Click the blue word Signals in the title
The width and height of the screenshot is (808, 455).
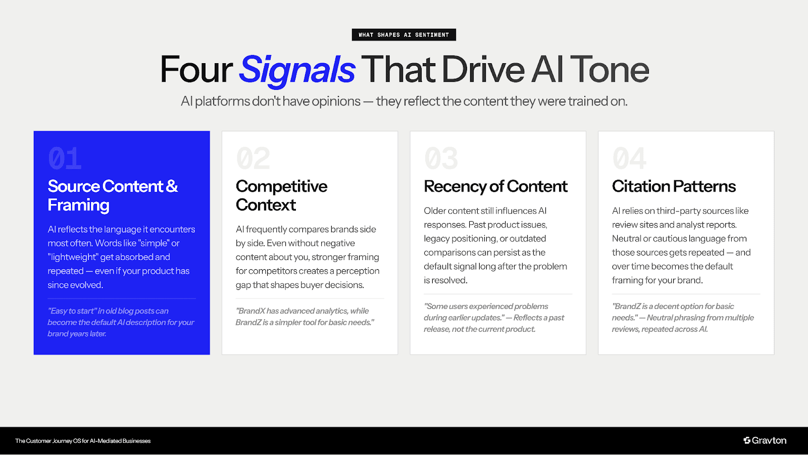pos(297,70)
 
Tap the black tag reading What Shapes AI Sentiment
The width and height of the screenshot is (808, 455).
pos(403,35)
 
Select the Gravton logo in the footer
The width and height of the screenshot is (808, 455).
pos(765,440)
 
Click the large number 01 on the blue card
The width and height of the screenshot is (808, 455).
pos(65,159)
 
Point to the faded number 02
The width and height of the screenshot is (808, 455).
pos(253,159)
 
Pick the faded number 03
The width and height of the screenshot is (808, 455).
pos(441,159)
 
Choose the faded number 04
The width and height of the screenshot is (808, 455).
pos(629,159)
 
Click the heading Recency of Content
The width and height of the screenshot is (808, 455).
pos(495,186)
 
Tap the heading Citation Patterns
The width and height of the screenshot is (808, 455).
pos(674,186)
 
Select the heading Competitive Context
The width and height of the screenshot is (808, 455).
pos(281,195)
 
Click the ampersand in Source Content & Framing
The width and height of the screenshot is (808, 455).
pos(172,186)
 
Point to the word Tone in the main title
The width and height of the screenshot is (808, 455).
pos(609,70)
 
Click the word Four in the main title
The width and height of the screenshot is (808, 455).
pos(196,70)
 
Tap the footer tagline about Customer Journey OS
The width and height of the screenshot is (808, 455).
pos(83,441)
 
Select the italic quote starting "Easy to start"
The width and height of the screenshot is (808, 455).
pos(121,322)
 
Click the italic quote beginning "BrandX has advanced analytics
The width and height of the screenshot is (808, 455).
pos(305,317)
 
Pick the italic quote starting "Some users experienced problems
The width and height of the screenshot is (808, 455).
pos(493,318)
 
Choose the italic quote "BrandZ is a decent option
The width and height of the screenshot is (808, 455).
pos(682,318)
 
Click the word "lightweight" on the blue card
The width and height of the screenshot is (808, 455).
pos(73,257)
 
